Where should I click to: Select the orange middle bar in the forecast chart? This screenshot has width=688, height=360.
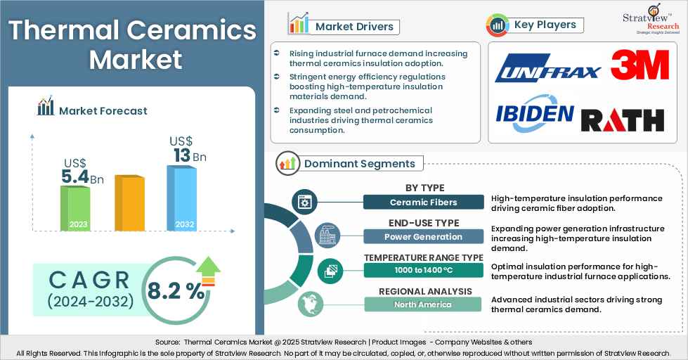[129, 203]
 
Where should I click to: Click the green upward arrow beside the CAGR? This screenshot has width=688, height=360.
[208, 269]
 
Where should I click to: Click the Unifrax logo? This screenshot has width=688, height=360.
[547, 70]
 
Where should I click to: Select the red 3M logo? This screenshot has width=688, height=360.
[639, 65]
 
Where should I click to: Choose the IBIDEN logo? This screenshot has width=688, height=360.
[534, 112]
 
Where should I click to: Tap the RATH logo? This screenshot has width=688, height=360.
[623, 119]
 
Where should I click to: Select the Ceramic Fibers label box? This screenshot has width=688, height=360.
[423, 202]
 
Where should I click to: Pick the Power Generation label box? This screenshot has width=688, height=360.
[423, 237]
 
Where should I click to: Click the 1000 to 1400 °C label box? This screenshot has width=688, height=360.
[423, 271]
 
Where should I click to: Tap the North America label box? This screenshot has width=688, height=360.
[423, 304]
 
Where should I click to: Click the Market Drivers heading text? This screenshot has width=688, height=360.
[354, 27]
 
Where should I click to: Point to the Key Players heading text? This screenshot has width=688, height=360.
[545, 25]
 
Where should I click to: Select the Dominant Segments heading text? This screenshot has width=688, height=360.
[359, 164]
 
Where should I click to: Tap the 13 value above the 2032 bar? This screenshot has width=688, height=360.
[182, 155]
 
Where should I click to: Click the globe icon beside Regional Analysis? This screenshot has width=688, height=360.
[307, 304]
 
